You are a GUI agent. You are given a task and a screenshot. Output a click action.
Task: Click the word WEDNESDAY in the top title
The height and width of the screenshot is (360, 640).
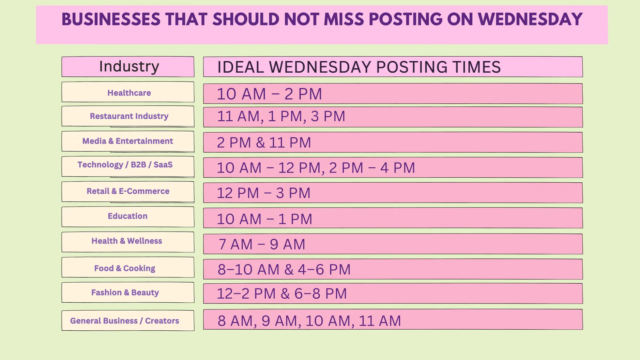click(x=530, y=19)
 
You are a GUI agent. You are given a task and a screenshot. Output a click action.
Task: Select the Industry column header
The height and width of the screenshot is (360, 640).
click(x=129, y=66)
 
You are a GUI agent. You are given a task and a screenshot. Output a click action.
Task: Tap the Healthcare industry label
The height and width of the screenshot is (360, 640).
click(x=129, y=93)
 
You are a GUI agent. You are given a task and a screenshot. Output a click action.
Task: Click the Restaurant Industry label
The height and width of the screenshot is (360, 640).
click(x=129, y=116)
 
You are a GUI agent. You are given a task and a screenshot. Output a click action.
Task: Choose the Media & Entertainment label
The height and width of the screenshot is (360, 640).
click(x=127, y=141)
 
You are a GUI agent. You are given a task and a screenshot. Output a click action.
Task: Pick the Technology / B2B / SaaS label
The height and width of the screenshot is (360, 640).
click(x=125, y=165)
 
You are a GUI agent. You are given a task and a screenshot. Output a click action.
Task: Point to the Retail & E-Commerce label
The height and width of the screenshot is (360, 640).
click(x=128, y=191)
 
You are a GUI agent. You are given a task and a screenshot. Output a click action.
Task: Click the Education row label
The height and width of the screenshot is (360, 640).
click(x=127, y=216)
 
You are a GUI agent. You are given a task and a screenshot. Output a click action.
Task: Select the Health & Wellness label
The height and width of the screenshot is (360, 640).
click(x=126, y=241)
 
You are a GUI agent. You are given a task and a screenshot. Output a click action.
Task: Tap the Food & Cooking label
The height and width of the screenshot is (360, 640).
click(x=124, y=268)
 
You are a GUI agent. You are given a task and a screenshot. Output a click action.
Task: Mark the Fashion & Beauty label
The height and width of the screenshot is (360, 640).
click(x=125, y=292)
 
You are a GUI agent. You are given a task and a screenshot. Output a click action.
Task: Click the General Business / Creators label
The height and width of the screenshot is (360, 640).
click(x=124, y=321)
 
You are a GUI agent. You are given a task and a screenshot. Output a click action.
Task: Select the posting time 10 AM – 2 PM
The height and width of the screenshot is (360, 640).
click(x=269, y=94)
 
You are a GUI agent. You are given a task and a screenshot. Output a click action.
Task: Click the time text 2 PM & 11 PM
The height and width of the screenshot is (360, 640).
click(x=264, y=142)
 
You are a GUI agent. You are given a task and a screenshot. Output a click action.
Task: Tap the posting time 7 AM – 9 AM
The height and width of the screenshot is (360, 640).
click(x=262, y=244)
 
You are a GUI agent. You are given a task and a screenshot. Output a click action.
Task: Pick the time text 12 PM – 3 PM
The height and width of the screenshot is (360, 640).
click(x=263, y=193)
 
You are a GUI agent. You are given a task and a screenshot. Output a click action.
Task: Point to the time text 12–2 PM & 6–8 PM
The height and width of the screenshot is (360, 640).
click(x=281, y=294)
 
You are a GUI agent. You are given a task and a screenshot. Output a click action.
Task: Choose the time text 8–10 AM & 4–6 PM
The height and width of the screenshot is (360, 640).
click(x=284, y=269)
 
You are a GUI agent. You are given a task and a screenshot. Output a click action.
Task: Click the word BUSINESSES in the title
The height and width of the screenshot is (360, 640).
click(x=111, y=19)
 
